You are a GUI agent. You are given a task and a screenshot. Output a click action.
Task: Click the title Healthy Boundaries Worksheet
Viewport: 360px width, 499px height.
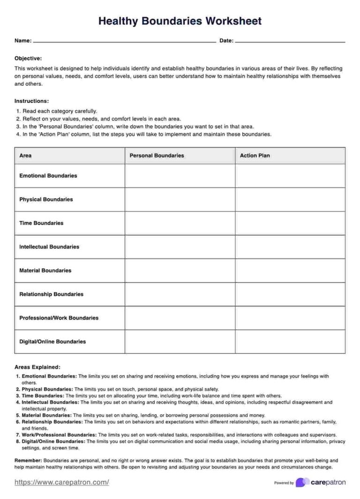(x=180, y=21)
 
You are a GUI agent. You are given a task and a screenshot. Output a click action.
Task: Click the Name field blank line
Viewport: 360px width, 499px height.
(x=124, y=41)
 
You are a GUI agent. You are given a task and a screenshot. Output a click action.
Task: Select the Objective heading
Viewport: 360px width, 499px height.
(x=28, y=58)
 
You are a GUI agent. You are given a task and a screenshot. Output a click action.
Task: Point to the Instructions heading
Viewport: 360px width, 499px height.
(x=31, y=101)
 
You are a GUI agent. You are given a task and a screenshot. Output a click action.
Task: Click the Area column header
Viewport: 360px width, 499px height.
(x=25, y=156)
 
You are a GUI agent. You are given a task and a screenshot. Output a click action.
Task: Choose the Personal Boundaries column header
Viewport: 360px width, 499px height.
(x=157, y=156)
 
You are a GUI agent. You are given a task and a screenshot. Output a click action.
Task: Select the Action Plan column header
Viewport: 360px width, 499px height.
(x=255, y=156)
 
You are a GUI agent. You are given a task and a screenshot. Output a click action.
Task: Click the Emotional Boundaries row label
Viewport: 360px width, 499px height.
(x=48, y=176)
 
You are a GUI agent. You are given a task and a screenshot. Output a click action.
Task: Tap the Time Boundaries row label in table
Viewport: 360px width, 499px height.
(x=41, y=223)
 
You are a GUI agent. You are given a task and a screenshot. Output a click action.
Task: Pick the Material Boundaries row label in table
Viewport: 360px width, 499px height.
(x=45, y=271)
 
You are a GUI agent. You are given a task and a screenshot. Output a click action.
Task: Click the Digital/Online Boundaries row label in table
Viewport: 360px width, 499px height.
(x=52, y=341)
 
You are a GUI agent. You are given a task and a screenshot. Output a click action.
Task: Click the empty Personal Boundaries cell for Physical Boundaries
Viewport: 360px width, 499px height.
(x=180, y=199)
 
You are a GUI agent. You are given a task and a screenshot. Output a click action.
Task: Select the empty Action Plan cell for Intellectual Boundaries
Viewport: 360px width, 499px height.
(x=290, y=247)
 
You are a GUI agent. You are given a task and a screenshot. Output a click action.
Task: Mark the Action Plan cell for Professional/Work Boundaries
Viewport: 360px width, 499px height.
(x=290, y=318)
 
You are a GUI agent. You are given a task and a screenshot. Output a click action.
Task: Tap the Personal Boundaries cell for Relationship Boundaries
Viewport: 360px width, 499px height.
(x=180, y=294)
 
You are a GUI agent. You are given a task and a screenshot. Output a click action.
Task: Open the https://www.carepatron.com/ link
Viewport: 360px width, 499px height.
(x=62, y=482)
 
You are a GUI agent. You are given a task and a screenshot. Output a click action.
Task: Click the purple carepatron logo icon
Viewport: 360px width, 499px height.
(x=302, y=482)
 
